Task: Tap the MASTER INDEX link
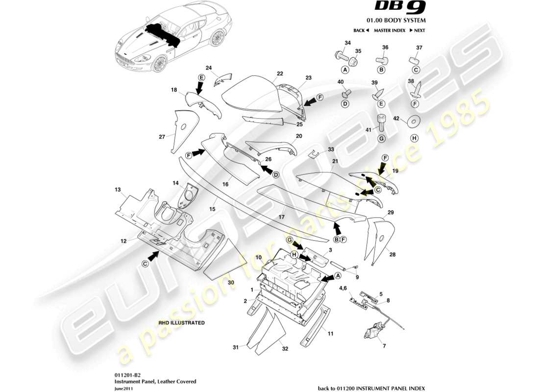pos(389,30)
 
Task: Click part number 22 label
pos(280,73)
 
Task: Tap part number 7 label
pos(384,346)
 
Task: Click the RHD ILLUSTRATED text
pos(181,323)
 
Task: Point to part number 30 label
pos(231,282)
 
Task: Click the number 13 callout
pos(118,189)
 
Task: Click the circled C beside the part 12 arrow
pos(145,264)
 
